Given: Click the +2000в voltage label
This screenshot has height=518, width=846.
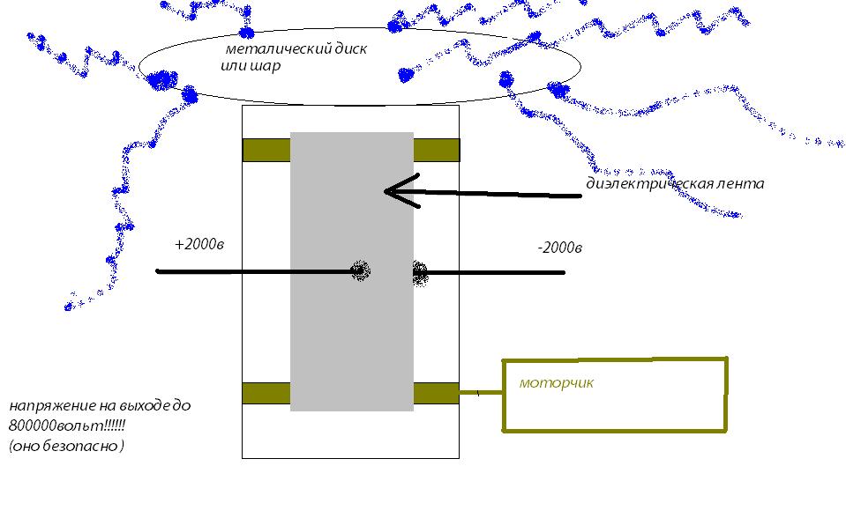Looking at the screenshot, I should [199, 244].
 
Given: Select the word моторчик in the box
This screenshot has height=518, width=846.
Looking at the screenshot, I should [557, 383].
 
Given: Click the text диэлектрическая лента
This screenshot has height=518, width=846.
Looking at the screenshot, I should [675, 184].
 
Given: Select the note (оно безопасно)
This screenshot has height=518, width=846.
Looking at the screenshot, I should [66, 446].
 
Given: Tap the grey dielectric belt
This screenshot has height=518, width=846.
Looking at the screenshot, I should [351, 335].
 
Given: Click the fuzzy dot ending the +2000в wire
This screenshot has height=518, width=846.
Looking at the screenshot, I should [359, 270].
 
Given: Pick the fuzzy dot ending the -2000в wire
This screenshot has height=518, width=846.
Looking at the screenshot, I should [420, 273].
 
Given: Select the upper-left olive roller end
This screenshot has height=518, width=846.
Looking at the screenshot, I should [266, 150].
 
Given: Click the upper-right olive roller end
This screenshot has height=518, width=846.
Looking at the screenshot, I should [436, 150].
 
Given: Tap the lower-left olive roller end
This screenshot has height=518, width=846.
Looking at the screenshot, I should [266, 393].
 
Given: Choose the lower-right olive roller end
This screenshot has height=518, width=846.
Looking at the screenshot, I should [436, 393].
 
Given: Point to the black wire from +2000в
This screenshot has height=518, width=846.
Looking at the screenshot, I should [256, 271].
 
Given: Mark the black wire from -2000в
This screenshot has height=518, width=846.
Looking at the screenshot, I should [494, 273].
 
